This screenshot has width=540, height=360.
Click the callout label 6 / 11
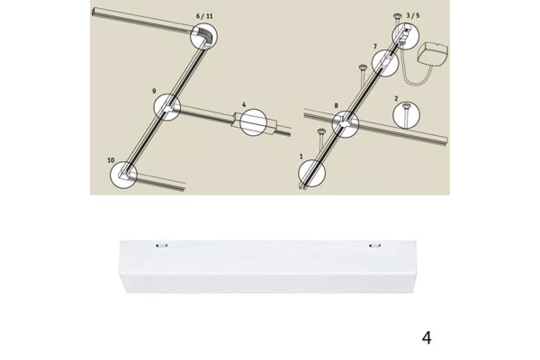pyautogui.click(x=204, y=16)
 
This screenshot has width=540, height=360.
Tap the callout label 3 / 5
pyautogui.click(x=413, y=15)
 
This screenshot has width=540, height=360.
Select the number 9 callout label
pyautogui.click(x=154, y=91)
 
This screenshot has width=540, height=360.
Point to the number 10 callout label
pyautogui.click(x=111, y=160)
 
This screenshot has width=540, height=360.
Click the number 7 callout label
pyautogui.click(x=375, y=46)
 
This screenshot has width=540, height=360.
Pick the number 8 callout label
pyautogui.click(x=336, y=105)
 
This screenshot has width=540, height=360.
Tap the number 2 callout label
pyautogui.click(x=396, y=99)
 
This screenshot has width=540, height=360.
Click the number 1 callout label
pyautogui.click(x=301, y=157)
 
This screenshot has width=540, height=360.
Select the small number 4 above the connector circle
pyautogui.click(x=244, y=105)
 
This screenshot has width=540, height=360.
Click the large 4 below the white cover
pyautogui.click(x=427, y=337)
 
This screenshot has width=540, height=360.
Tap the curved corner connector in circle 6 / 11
pyautogui.click(x=203, y=35)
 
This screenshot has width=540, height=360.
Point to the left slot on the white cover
pyautogui.click(x=162, y=246)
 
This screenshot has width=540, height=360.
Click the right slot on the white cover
pyautogui.click(x=375, y=246)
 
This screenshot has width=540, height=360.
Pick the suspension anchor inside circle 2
pyautogui.click(x=406, y=113)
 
